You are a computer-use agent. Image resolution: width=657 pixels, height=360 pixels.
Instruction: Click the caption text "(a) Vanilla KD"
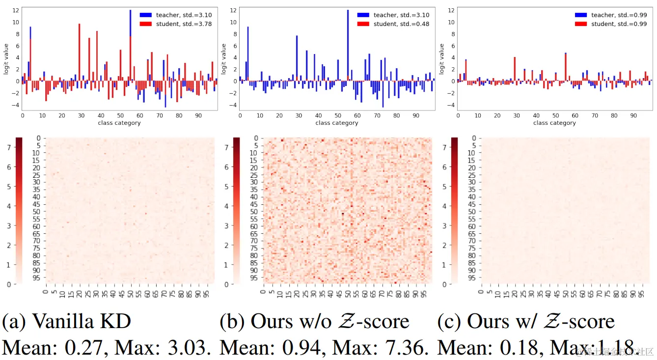(x=67, y=322)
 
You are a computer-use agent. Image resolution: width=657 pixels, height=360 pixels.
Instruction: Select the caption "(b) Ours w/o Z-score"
(x=314, y=322)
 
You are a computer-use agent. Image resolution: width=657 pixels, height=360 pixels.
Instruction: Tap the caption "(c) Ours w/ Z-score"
(x=526, y=322)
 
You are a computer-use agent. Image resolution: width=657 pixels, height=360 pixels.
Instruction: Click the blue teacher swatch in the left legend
(x=146, y=15)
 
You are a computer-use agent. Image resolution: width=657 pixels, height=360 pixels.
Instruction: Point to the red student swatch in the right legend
(x=581, y=24)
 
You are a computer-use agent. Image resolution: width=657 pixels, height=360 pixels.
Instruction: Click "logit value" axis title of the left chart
(x=6, y=59)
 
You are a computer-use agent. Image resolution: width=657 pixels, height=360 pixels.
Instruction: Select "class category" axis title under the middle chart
(x=337, y=123)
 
